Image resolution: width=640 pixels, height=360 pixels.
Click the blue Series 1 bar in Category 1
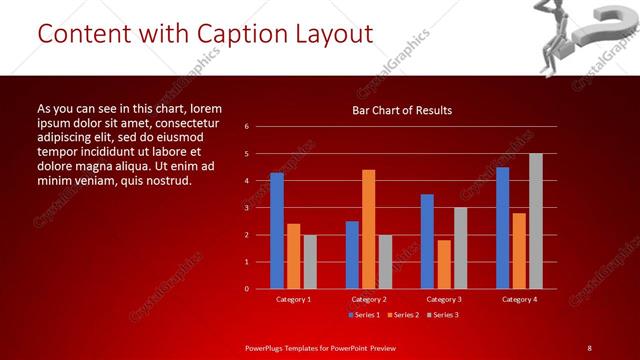(x=277, y=231)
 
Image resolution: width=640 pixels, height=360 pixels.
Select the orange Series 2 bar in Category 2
(x=369, y=229)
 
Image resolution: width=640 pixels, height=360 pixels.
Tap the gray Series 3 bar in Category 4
(x=536, y=221)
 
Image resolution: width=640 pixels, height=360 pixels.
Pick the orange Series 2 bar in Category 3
(x=444, y=264)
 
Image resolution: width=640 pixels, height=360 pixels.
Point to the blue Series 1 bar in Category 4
(x=502, y=228)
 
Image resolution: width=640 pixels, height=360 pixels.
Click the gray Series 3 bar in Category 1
(x=310, y=262)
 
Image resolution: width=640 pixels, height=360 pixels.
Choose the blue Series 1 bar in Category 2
(x=352, y=255)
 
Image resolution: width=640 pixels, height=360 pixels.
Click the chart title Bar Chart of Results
(x=402, y=110)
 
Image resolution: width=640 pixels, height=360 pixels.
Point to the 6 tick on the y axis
(x=246, y=127)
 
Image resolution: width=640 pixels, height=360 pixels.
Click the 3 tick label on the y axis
(x=246, y=208)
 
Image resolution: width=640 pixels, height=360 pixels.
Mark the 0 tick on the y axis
(x=246, y=289)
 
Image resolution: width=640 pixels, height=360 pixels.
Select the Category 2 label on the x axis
(x=369, y=299)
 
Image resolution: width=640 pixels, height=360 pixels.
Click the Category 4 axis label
(x=519, y=299)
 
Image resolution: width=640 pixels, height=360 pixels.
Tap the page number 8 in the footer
(x=589, y=347)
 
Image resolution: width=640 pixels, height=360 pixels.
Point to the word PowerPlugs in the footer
(x=269, y=347)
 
